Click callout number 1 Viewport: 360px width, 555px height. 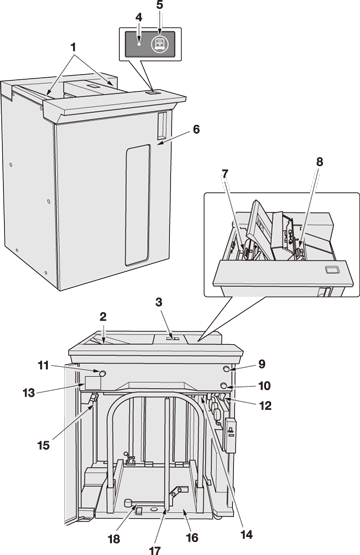[x=73, y=47]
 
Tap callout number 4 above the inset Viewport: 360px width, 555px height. [x=139, y=17]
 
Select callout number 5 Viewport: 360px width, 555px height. [x=160, y=5]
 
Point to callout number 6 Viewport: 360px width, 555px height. [x=196, y=129]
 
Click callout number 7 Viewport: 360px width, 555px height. [x=225, y=173]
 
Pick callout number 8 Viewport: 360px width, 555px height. [x=319, y=162]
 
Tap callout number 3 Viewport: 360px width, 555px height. [x=159, y=302]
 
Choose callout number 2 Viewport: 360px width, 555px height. [x=103, y=317]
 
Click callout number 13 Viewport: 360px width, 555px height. [x=29, y=393]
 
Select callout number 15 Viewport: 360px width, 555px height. [x=44, y=445]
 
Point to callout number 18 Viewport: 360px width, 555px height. [x=114, y=539]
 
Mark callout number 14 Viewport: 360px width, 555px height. [x=246, y=534]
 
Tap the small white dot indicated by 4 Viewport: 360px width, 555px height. [x=139, y=45]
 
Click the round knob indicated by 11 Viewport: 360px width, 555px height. [x=102, y=373]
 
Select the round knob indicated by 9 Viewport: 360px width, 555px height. [x=227, y=370]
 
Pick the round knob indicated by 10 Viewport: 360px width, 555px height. [x=224, y=385]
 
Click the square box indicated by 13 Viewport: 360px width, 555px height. [x=93, y=383]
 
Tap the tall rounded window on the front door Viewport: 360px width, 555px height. [x=137, y=205]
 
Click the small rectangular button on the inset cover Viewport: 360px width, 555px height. [x=332, y=270]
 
